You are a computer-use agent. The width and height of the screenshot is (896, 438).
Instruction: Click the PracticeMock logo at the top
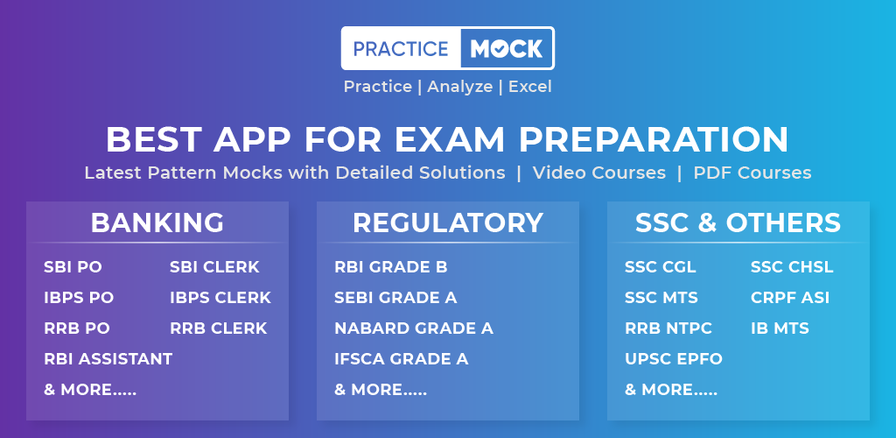[x=447, y=48]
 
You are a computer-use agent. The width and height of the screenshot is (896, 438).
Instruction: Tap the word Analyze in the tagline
[x=460, y=87]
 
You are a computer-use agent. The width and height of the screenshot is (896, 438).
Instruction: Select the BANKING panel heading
[x=157, y=223]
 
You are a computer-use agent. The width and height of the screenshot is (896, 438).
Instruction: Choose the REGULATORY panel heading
[x=448, y=223]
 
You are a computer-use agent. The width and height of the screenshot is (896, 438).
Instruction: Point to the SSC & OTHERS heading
[x=738, y=223]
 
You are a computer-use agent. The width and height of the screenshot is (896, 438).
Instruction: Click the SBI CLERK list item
[x=215, y=267]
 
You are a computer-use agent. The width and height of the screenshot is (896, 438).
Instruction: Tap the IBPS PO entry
[x=79, y=298]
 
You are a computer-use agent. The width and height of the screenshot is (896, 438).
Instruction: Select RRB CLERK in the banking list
[x=218, y=328]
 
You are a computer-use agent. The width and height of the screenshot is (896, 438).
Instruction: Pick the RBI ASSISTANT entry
[x=108, y=359]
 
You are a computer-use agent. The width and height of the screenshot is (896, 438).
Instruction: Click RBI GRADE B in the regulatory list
[x=391, y=267]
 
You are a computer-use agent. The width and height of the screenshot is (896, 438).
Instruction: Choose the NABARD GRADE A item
[x=414, y=328]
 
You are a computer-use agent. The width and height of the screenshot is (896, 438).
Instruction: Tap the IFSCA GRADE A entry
[x=401, y=359]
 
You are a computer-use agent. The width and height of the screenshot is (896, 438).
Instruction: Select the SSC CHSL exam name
[x=792, y=267]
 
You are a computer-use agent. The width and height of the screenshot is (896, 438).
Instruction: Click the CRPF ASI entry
[x=790, y=298]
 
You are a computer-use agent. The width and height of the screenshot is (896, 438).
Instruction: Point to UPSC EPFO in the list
[x=674, y=359]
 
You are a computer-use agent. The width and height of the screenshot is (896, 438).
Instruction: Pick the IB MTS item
[x=780, y=328]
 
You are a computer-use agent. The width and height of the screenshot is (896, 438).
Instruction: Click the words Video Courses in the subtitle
[x=598, y=173]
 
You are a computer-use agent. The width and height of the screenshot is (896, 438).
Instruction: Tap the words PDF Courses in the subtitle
[x=752, y=173]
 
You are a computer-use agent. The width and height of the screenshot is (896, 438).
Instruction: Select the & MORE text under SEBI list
[x=381, y=390]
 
